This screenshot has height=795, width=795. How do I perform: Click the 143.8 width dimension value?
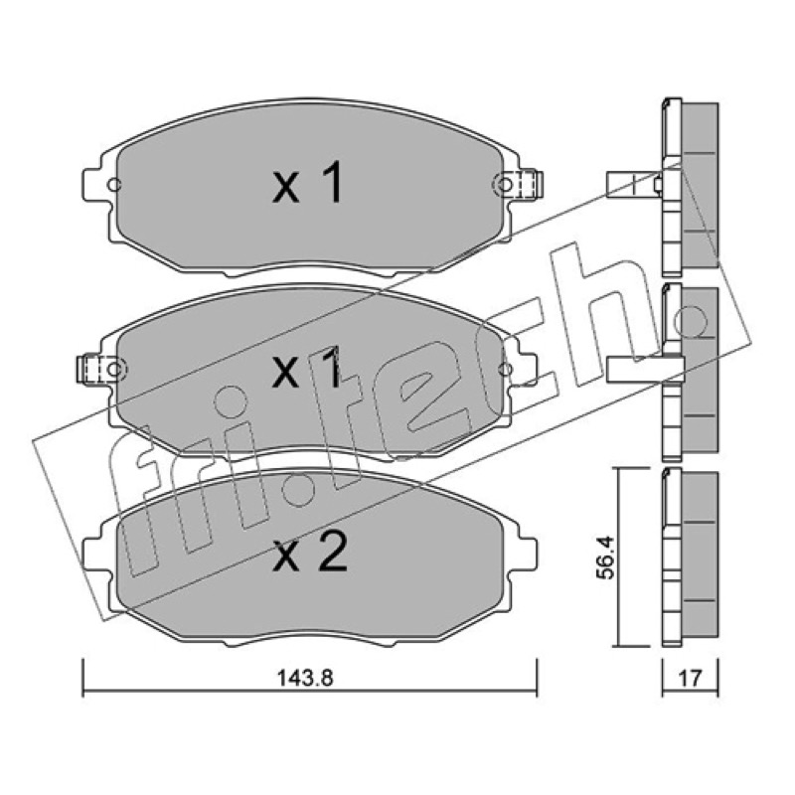[305, 678]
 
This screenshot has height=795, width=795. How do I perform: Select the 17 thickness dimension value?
[690, 678]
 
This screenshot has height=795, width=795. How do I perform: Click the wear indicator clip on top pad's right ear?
[530, 184]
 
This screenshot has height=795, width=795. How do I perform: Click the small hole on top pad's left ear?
[115, 185]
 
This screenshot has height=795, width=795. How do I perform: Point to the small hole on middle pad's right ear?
[505, 369]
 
